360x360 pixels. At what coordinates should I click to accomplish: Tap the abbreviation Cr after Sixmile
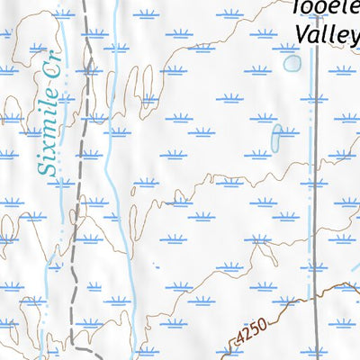click(x=60, y=85)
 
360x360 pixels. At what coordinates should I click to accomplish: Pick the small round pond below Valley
click(x=292, y=63)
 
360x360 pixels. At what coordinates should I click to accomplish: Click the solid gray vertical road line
click(x=317, y=180)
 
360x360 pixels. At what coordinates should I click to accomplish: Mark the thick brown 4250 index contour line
click(x=297, y=302)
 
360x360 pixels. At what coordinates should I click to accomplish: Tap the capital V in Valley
click(x=302, y=32)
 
